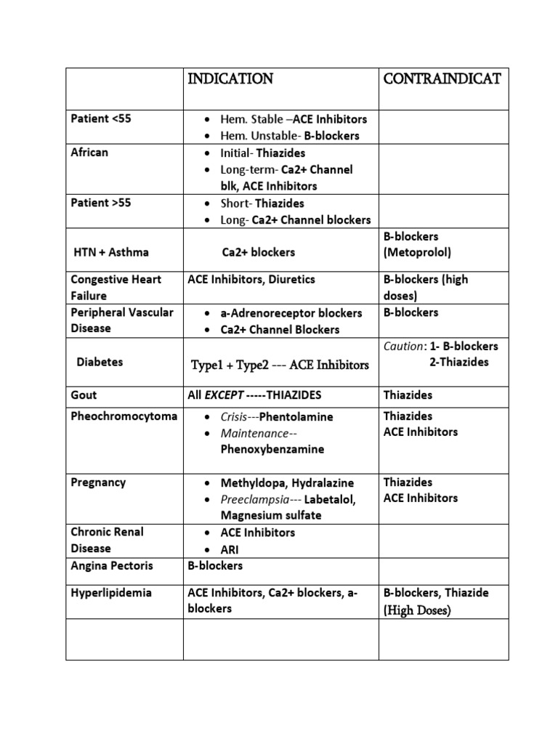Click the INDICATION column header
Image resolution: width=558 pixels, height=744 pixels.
coord(230,79)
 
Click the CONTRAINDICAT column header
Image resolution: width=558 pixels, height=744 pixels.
coord(442,79)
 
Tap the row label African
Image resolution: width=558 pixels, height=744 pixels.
coord(89,153)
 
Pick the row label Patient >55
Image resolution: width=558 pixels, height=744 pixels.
coord(101,203)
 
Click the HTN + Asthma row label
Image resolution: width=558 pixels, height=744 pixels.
coord(111,252)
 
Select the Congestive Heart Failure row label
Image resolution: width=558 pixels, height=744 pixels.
coord(116,288)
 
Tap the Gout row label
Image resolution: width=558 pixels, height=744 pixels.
coord(84,395)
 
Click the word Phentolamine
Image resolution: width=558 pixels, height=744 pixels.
coord(296,417)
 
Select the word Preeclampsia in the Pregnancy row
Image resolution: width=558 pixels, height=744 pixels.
coord(252,499)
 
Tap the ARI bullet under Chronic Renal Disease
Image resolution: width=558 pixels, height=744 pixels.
coord(230,549)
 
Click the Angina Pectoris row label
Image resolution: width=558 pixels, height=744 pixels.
coord(111,565)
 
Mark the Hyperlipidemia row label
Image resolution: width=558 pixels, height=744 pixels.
coord(111,593)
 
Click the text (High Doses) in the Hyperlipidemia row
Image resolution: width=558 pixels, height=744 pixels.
coord(417,610)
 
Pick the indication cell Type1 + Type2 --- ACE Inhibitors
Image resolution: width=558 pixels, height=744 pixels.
coord(280,364)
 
